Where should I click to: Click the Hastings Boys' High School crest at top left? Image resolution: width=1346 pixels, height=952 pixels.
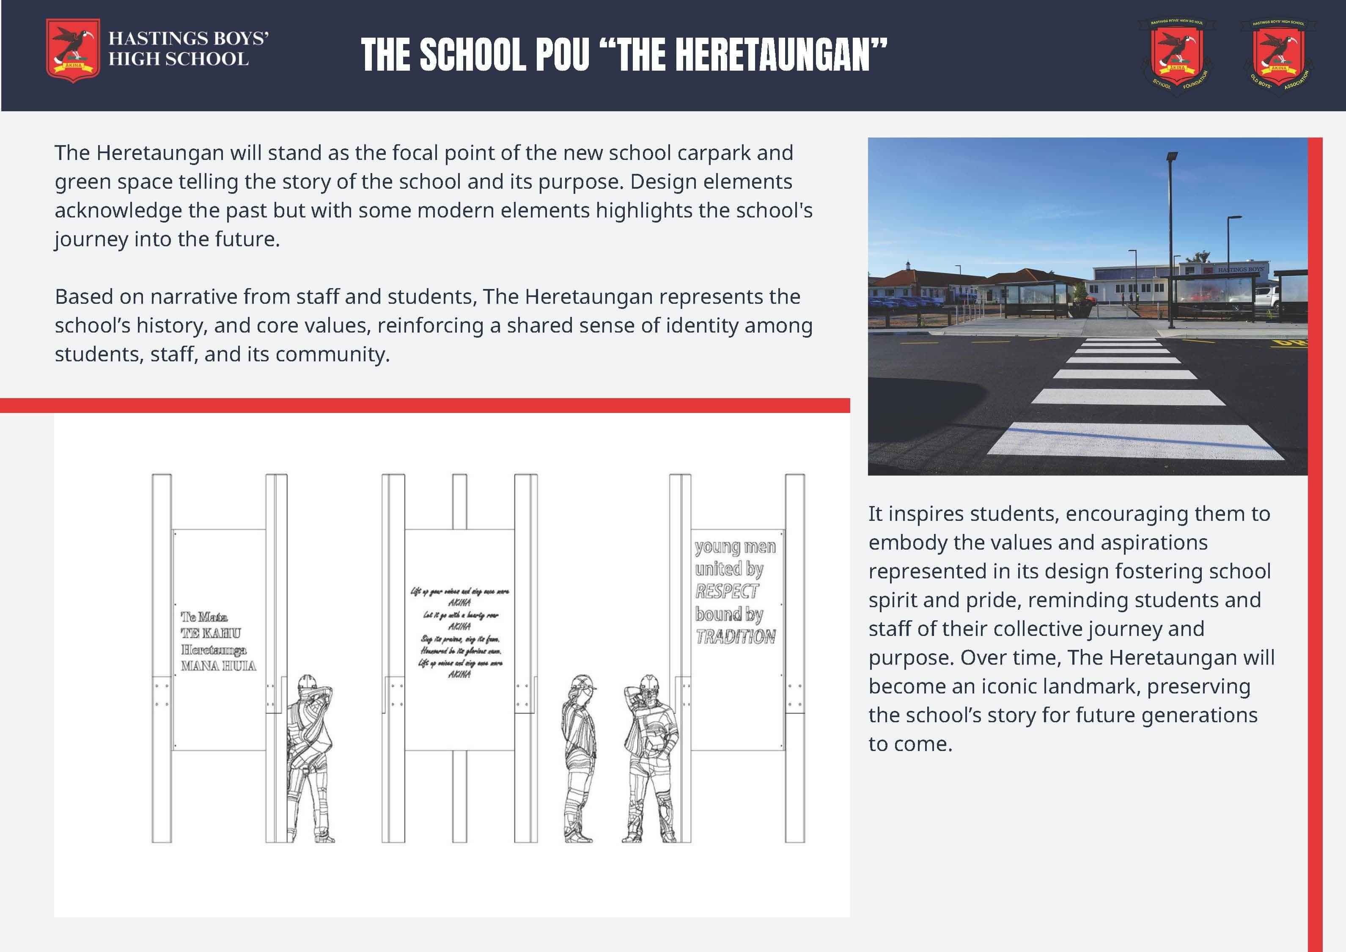[x=73, y=50]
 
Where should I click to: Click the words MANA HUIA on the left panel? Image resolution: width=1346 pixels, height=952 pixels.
[x=218, y=666]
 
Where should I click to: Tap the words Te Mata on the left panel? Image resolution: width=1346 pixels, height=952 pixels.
[x=204, y=617]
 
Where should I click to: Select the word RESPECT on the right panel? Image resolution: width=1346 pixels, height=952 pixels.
[x=727, y=592]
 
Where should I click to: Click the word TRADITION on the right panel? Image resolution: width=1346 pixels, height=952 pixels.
[x=736, y=637]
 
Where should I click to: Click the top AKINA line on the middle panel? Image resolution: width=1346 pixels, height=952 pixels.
[x=459, y=603]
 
